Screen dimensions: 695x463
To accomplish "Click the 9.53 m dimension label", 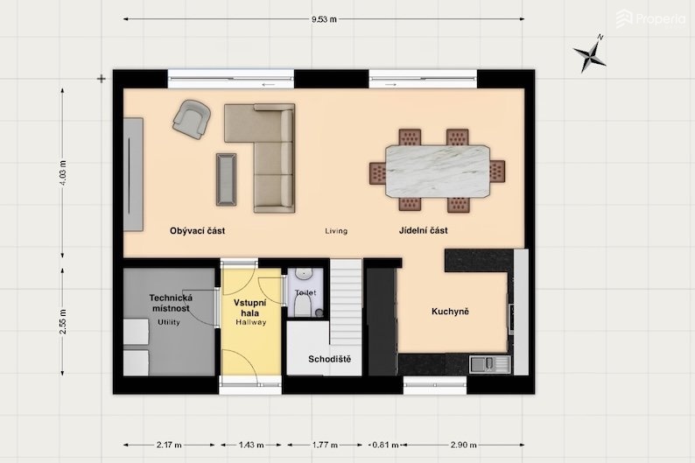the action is (324, 19).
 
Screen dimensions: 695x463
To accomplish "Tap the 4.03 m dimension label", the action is (62, 172).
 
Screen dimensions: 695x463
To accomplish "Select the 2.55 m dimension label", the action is (62, 321).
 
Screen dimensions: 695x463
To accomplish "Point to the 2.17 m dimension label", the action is (169, 445).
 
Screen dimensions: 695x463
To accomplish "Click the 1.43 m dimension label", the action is (251, 445).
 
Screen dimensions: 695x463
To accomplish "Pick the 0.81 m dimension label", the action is (385, 445).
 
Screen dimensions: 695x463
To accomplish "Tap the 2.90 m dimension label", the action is (464, 445).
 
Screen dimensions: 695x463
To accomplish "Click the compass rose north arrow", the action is (590, 54).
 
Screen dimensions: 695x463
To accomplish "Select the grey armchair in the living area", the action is (192, 119).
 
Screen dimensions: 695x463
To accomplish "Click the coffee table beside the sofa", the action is (226, 179).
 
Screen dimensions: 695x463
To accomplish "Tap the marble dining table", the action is (438, 171).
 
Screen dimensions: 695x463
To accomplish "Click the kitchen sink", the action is (490, 364).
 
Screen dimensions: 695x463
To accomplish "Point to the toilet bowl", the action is (303, 305).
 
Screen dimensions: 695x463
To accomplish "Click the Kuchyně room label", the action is (450, 312).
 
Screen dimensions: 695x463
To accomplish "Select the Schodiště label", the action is (329, 359).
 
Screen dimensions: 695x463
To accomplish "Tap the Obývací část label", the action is (197, 231).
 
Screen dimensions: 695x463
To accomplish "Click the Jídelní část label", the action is (424, 230).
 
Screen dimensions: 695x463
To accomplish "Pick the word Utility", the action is (169, 322).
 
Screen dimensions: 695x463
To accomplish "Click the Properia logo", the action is (650, 18).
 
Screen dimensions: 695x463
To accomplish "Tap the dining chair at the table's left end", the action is (377, 172).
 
